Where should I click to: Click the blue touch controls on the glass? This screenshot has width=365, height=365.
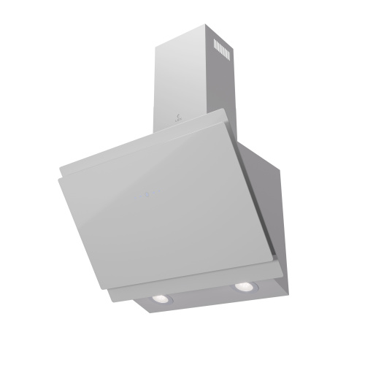146,194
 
